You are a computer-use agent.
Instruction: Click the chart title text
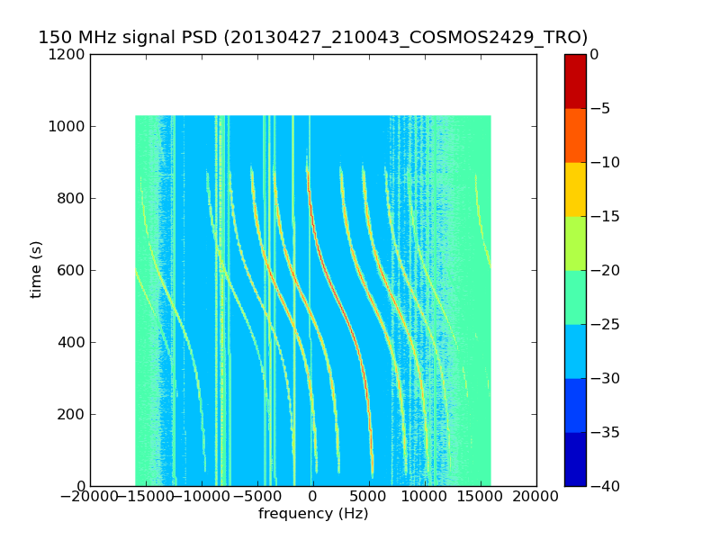313,38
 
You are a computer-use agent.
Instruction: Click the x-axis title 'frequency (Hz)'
313,514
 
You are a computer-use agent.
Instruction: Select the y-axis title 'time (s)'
37,269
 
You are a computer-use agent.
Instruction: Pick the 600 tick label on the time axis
75,271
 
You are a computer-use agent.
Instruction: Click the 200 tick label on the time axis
75,415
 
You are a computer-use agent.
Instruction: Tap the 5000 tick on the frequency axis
369,497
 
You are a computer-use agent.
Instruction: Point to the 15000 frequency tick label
481,497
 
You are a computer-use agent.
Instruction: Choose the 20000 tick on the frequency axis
536,497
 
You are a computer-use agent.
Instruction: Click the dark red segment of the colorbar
575,81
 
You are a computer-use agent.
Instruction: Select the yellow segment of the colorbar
575,189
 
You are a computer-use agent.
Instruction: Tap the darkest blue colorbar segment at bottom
575,459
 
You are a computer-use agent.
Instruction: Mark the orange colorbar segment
575,135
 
